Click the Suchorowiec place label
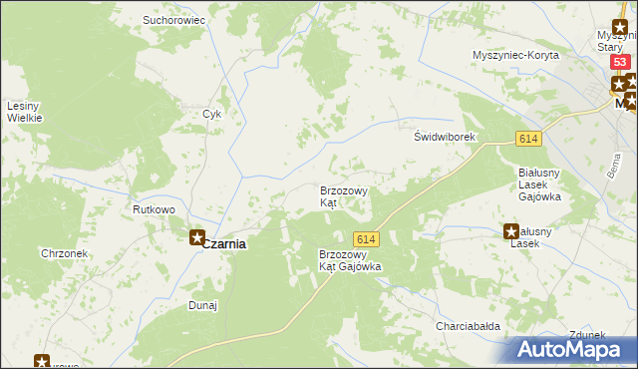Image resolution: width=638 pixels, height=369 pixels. [x=173, y=19]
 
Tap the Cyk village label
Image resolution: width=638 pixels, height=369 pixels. [x=211, y=113]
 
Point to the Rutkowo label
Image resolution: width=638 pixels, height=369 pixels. [x=155, y=209]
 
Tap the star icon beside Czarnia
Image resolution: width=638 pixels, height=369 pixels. [x=197, y=238]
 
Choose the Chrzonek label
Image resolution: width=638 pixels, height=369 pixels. [x=65, y=253]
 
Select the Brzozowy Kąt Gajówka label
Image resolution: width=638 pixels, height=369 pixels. [x=350, y=260]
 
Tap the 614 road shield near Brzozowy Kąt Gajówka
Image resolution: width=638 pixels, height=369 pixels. [x=366, y=238]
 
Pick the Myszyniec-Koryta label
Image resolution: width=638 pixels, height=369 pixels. [x=516, y=55]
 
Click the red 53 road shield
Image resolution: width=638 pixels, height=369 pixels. [x=621, y=63]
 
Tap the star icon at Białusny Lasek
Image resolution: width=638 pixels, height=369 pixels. [x=511, y=230]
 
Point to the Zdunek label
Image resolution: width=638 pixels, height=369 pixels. [x=588, y=335]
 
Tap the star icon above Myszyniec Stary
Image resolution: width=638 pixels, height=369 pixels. [x=619, y=27]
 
